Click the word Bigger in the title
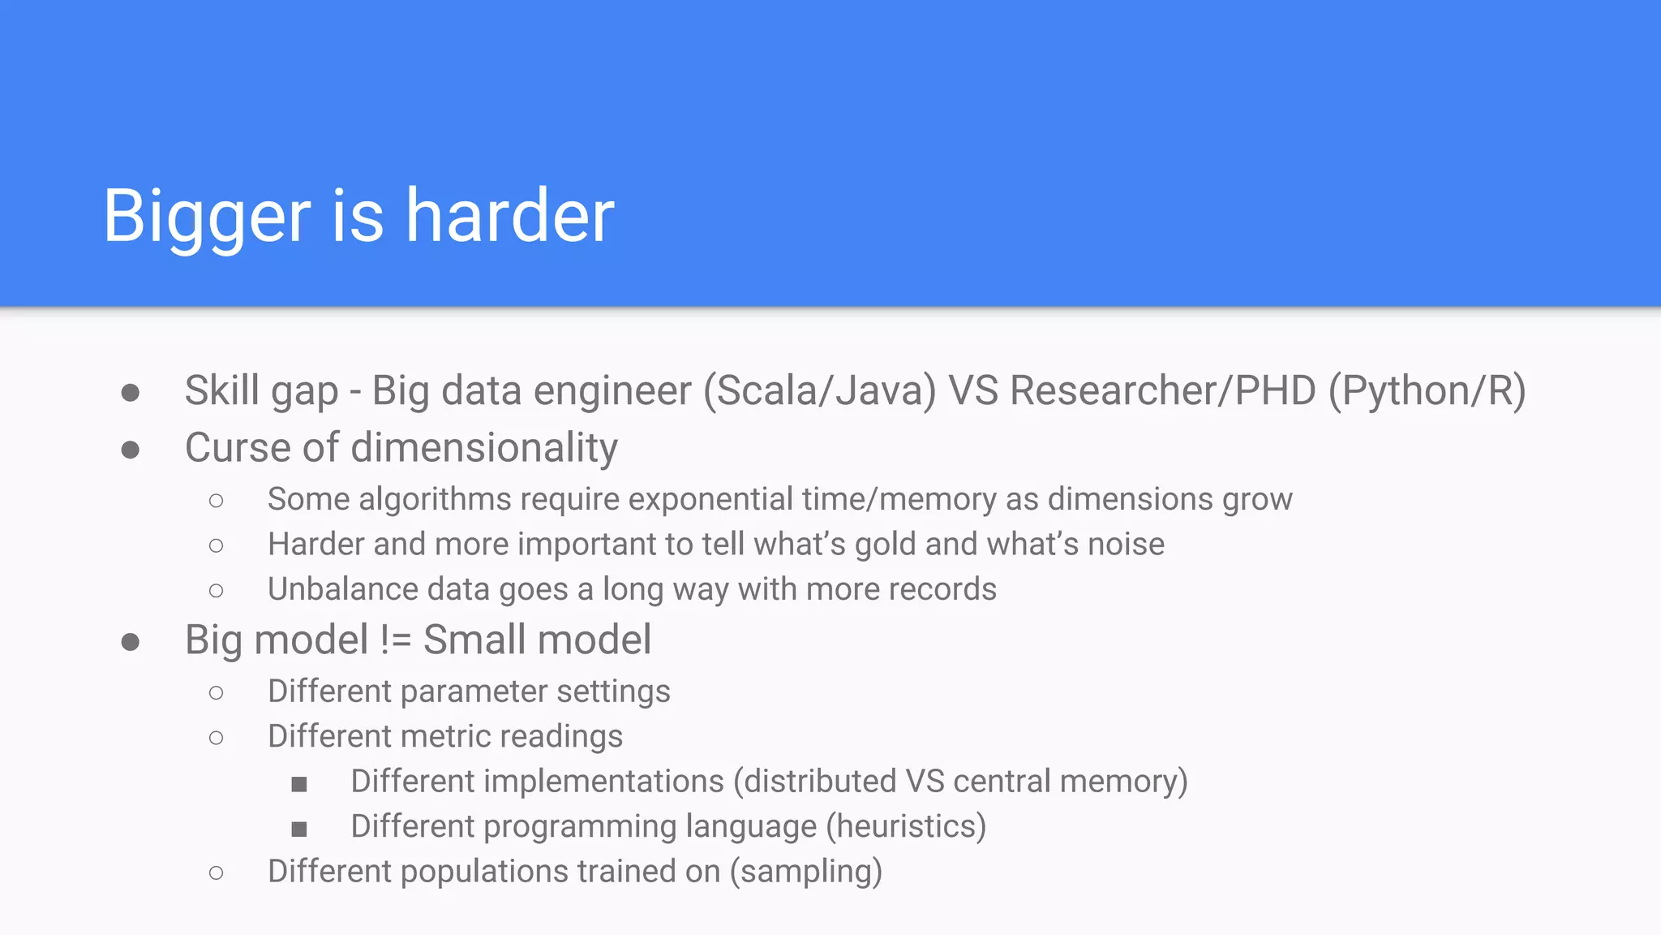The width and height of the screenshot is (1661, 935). coord(207,218)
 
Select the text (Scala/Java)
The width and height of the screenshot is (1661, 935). coord(819,391)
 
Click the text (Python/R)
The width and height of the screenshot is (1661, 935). coord(1427,391)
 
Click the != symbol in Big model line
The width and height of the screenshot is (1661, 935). coord(396,640)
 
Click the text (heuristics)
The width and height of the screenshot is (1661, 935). coord(906,827)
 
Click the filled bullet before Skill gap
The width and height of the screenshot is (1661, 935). coord(131,394)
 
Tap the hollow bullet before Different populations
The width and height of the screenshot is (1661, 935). coord(216,873)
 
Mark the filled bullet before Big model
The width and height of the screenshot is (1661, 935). coord(131,643)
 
